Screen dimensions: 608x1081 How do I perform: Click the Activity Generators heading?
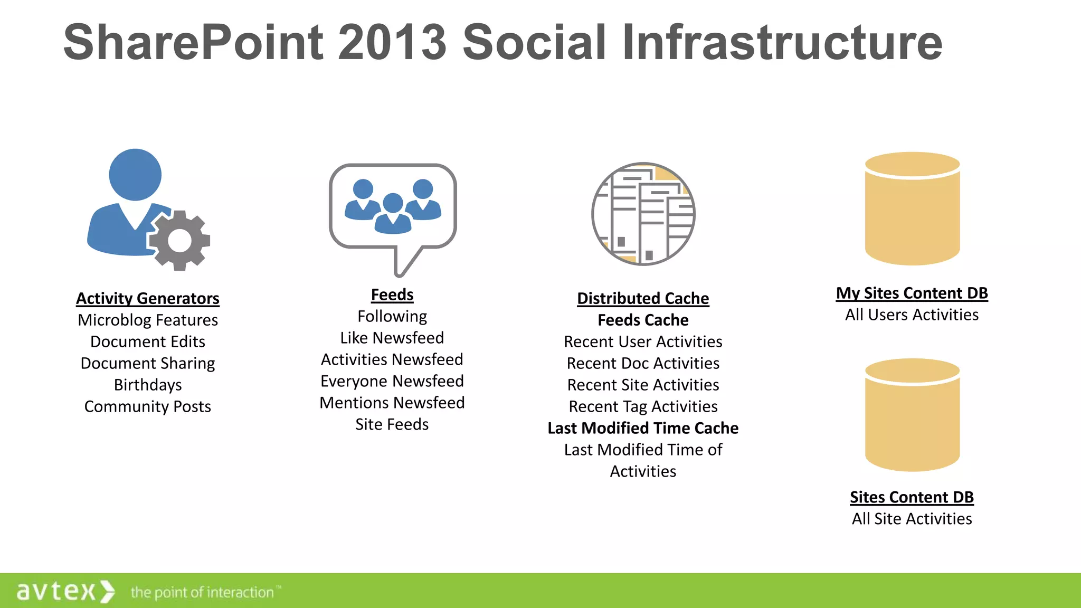pos(147,299)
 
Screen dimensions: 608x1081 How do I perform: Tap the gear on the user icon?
pos(179,241)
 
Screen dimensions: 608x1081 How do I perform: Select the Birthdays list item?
pos(148,385)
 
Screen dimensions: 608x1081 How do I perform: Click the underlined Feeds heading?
pos(392,295)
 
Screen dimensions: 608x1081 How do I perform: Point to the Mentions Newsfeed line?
pos(392,403)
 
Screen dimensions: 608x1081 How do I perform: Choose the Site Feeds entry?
pos(392,425)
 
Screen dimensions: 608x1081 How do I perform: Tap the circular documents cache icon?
pos(643,214)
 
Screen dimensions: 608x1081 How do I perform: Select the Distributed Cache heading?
pos(643,299)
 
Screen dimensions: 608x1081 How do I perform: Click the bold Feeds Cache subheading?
pos(643,320)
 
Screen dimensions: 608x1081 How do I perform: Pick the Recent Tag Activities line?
pos(643,407)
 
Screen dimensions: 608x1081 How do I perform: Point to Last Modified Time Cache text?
pos(643,429)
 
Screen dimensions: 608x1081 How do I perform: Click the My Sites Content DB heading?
pos(912,293)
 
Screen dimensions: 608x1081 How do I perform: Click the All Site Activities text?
pos(912,519)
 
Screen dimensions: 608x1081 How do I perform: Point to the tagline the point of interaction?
pos(203,593)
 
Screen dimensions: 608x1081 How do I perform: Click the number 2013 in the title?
pos(392,42)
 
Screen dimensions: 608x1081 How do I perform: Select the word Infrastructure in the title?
pos(782,42)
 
